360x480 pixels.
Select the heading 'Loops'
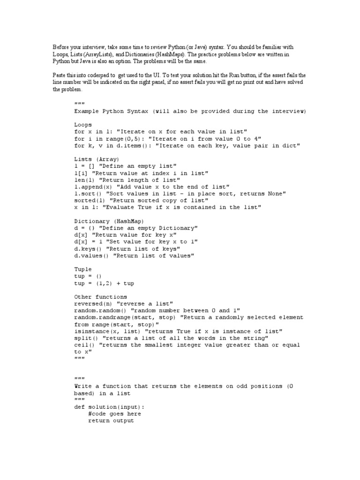click(83, 125)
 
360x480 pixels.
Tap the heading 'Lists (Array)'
click(97, 159)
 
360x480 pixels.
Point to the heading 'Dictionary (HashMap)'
click(109, 221)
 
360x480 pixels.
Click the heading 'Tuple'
click(83, 270)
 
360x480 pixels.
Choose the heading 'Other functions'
click(100, 297)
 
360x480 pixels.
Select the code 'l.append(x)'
click(93, 187)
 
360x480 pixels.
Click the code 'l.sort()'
click(88, 194)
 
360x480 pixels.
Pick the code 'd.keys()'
click(88, 249)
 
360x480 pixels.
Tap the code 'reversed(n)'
click(93, 304)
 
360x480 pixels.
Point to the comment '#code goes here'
click(114, 414)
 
